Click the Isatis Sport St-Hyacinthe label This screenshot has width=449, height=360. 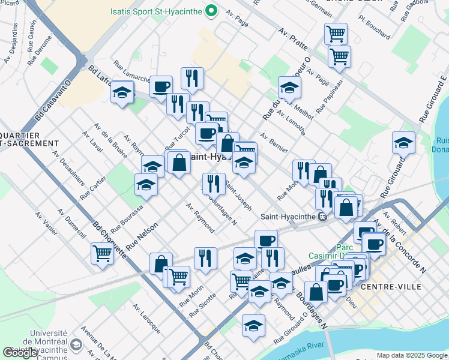157,11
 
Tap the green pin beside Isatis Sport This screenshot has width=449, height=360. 211,11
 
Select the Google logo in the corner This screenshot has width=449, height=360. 20,353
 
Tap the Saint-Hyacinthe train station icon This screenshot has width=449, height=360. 322,217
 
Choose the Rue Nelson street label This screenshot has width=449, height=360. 142,236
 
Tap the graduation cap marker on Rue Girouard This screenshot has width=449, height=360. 403,143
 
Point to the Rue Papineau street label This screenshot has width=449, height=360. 330,95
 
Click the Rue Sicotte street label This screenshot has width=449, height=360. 202,306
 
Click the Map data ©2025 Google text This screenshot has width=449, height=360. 412,355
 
